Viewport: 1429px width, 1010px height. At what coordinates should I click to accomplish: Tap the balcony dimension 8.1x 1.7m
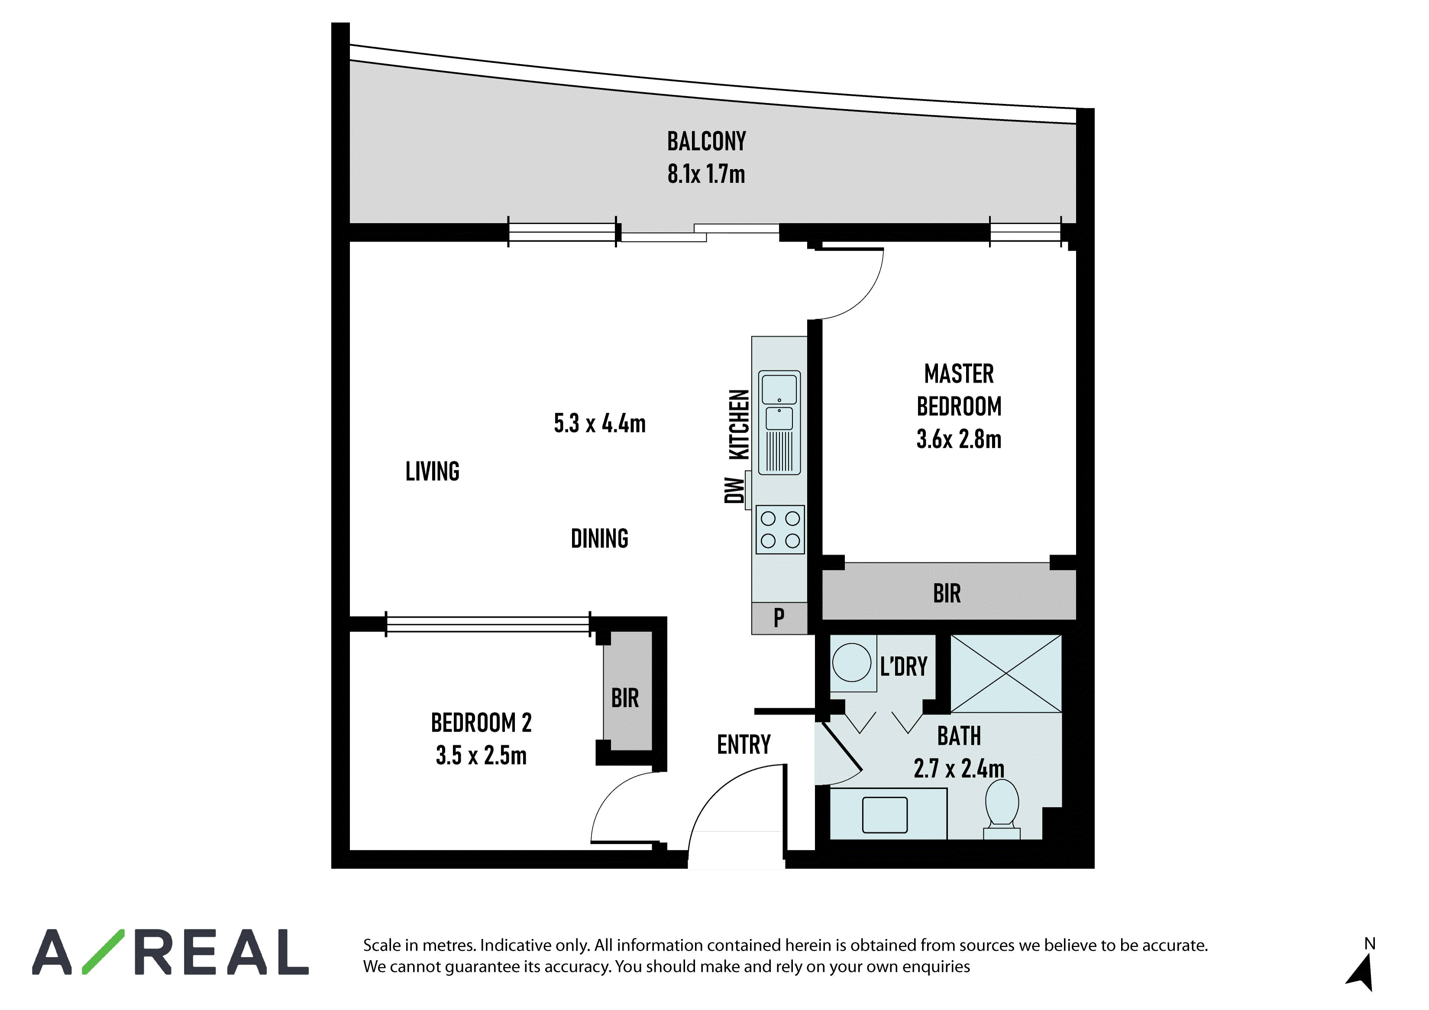tap(706, 174)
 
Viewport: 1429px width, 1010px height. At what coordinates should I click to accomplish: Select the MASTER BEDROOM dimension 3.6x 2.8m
tap(959, 439)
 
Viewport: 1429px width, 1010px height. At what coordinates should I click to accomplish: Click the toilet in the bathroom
tap(1002, 809)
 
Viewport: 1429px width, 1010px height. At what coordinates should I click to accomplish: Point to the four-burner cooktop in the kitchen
tap(780, 530)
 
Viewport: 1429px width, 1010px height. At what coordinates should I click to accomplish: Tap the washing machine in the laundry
tap(852, 663)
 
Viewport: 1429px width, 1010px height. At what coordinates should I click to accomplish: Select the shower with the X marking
tap(1006, 673)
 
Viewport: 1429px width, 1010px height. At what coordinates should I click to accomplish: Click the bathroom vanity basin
tap(884, 815)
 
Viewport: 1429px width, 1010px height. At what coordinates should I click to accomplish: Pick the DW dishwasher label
tap(734, 490)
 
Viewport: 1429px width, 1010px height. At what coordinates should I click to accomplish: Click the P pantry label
tap(779, 618)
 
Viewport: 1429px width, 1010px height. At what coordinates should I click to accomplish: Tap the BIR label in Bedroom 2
tap(625, 698)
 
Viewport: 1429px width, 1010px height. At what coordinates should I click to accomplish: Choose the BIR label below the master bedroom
tap(947, 594)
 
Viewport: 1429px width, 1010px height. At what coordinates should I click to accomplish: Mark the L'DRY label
tap(904, 667)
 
